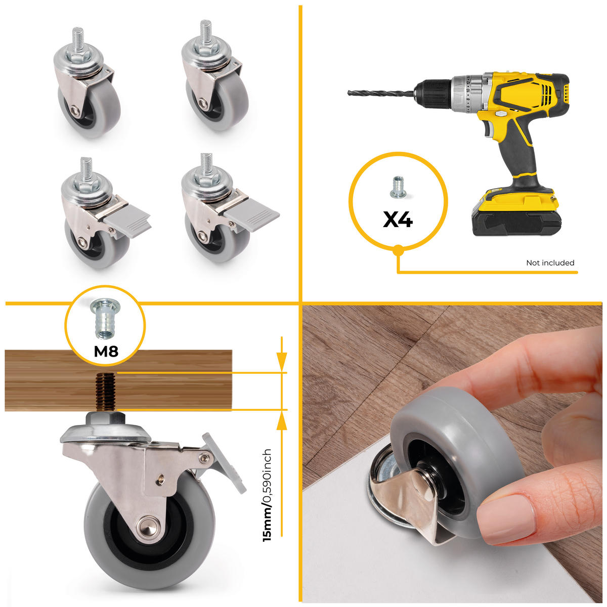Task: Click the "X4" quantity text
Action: click(398, 219)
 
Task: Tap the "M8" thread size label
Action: click(106, 351)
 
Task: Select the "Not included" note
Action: click(550, 263)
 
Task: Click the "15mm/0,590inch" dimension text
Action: click(267, 495)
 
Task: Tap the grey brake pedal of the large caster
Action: click(225, 461)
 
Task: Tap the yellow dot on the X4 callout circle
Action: click(398, 249)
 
